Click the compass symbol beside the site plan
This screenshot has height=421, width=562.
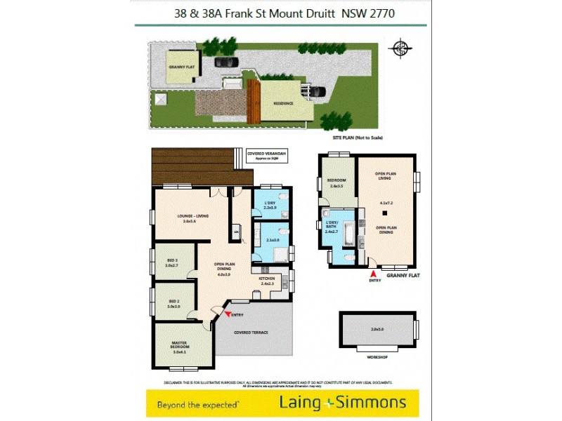click(x=400, y=48)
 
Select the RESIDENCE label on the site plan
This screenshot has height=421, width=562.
click(x=284, y=103)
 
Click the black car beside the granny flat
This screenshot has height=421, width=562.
click(x=226, y=62)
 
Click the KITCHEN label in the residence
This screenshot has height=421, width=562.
click(x=266, y=279)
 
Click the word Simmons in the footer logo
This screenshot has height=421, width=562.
click(x=373, y=402)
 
